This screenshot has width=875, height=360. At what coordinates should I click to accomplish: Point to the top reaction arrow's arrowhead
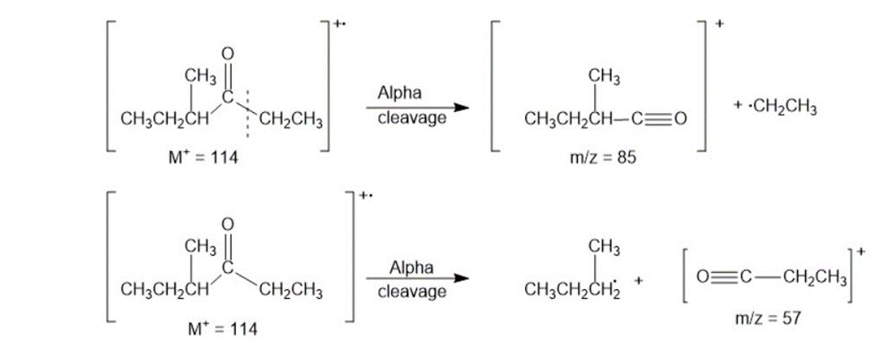pos(459,107)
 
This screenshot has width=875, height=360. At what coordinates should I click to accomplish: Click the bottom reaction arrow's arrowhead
pos(459,278)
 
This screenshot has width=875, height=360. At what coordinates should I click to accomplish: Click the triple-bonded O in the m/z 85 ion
pos(680,119)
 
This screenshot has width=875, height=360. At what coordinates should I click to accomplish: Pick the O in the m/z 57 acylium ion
pos(703,278)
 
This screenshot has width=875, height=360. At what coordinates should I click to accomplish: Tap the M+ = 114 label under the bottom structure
pos(223,329)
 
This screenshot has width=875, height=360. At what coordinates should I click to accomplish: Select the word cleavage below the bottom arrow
pos(412,292)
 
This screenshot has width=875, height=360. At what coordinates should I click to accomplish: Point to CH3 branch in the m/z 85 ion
pos(604,80)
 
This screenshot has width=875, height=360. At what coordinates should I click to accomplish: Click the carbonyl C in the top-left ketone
pos(227,98)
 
